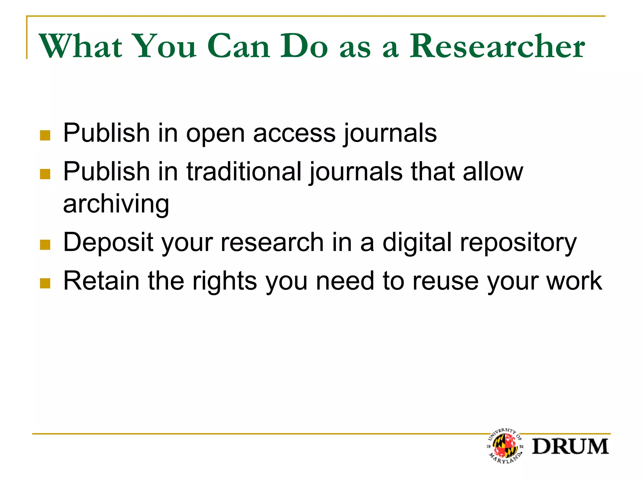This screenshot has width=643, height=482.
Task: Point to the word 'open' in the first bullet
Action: (x=215, y=134)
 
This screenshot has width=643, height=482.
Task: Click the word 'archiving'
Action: (x=116, y=204)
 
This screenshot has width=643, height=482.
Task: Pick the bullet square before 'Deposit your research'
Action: (x=45, y=245)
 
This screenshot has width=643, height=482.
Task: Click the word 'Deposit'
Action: (x=108, y=243)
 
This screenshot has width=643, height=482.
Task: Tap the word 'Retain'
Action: (x=101, y=281)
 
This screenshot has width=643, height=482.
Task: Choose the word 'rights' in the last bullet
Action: (x=225, y=281)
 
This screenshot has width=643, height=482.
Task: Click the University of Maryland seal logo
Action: (x=505, y=446)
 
